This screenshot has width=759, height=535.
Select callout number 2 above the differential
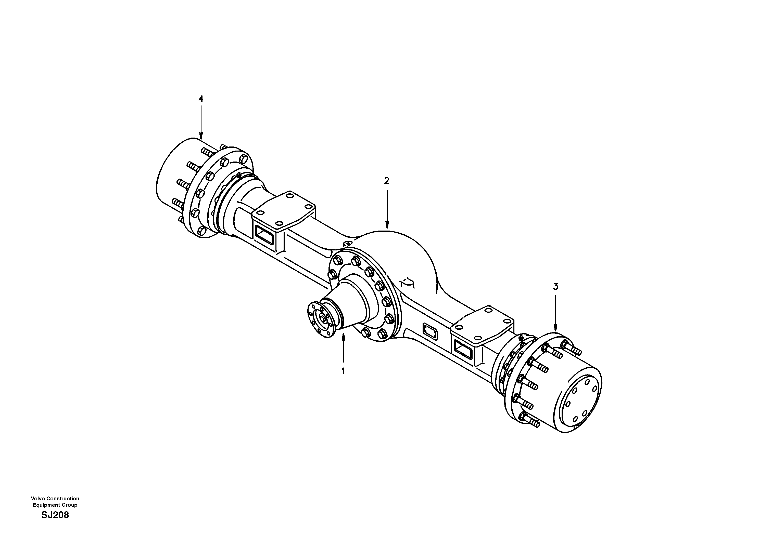386,181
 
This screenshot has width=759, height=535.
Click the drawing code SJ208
55,515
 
